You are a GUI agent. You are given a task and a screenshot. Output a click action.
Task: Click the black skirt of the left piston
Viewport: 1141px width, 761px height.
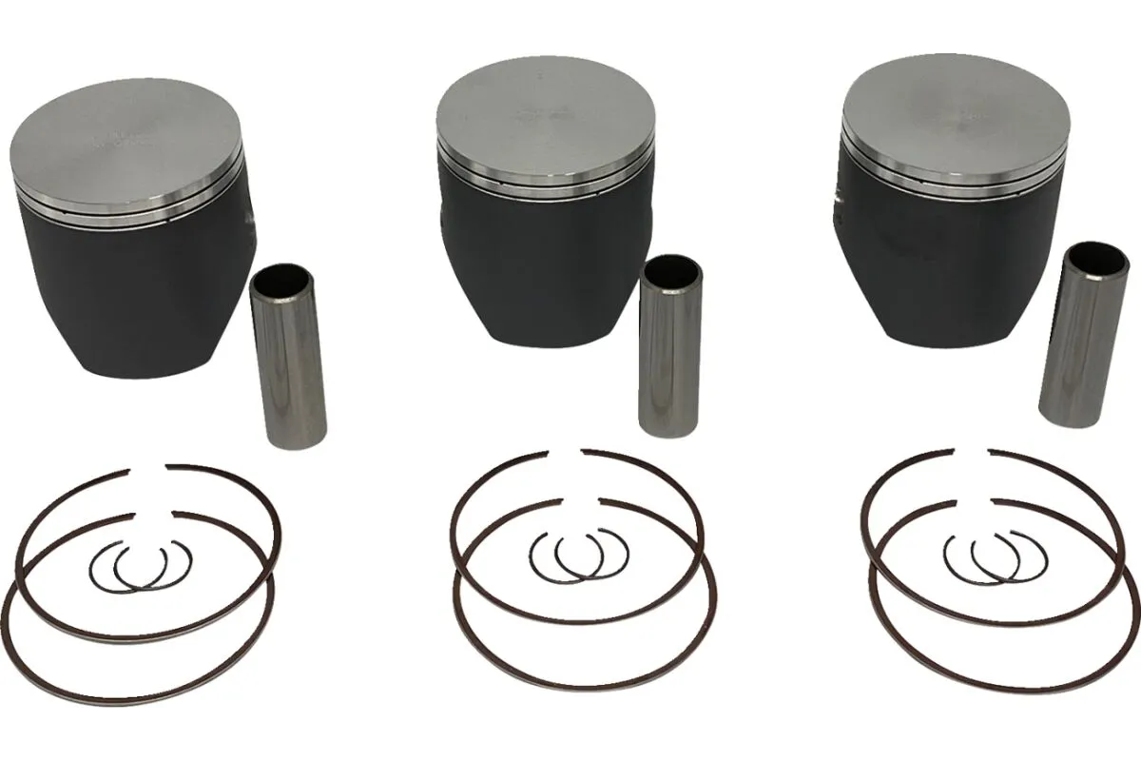(x=133, y=285)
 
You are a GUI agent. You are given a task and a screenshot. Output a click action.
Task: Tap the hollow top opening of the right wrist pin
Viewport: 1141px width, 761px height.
(x=1092, y=257)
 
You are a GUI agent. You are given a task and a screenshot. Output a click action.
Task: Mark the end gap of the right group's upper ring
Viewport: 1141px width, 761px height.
(x=971, y=452)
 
